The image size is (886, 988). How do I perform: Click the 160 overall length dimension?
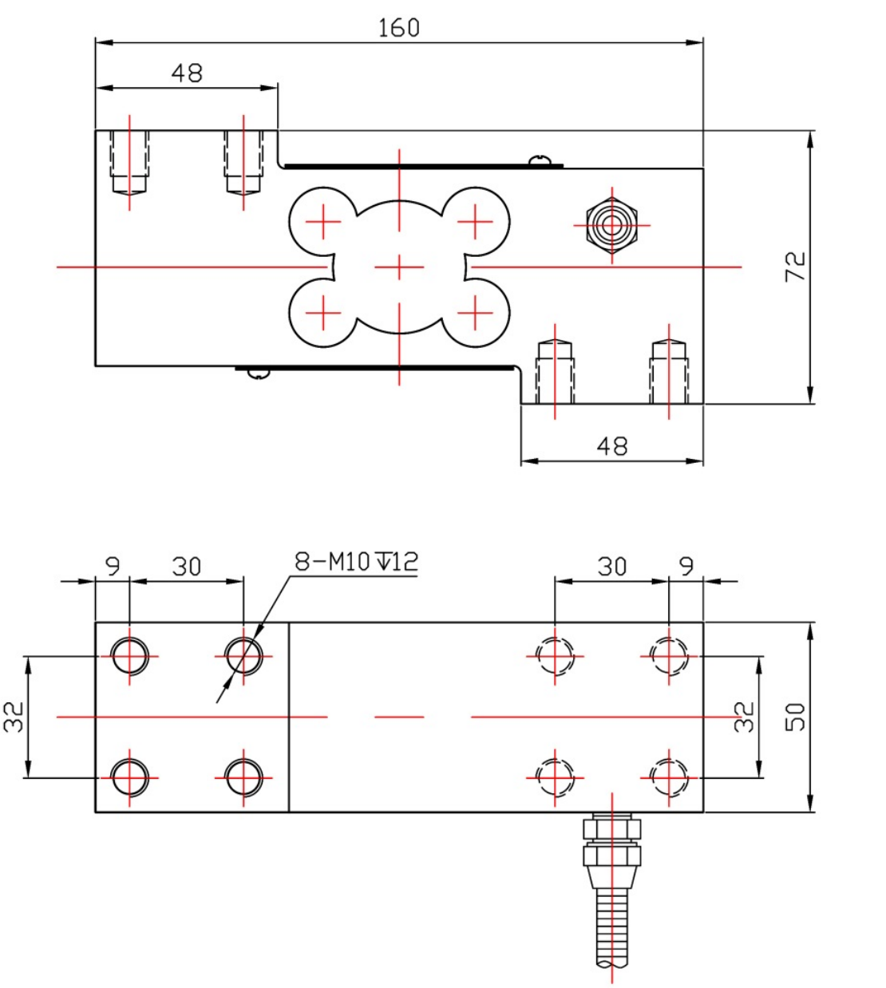click(x=398, y=28)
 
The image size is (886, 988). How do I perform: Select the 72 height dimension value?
click(x=796, y=266)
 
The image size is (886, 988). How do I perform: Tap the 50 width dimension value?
click(x=796, y=717)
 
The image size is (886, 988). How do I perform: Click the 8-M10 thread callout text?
click(x=356, y=561)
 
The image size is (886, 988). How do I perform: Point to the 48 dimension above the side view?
click(x=187, y=73)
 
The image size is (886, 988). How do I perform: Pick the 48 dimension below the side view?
click(x=611, y=445)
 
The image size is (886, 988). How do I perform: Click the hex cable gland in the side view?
click(x=611, y=225)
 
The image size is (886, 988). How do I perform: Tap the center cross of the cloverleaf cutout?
click(x=399, y=267)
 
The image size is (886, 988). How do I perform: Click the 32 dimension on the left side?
click(x=15, y=716)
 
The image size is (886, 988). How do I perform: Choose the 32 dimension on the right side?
click(x=743, y=716)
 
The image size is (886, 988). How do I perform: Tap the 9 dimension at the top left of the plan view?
click(x=113, y=566)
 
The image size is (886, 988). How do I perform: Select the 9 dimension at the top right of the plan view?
click(x=686, y=566)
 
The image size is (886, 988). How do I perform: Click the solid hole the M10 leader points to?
click(x=244, y=656)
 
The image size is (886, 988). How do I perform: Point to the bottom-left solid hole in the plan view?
click(x=129, y=777)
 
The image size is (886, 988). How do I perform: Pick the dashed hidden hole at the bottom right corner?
click(x=669, y=777)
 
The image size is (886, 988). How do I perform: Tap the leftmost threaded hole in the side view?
click(x=129, y=164)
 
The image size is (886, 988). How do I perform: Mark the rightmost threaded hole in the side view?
click(x=669, y=371)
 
